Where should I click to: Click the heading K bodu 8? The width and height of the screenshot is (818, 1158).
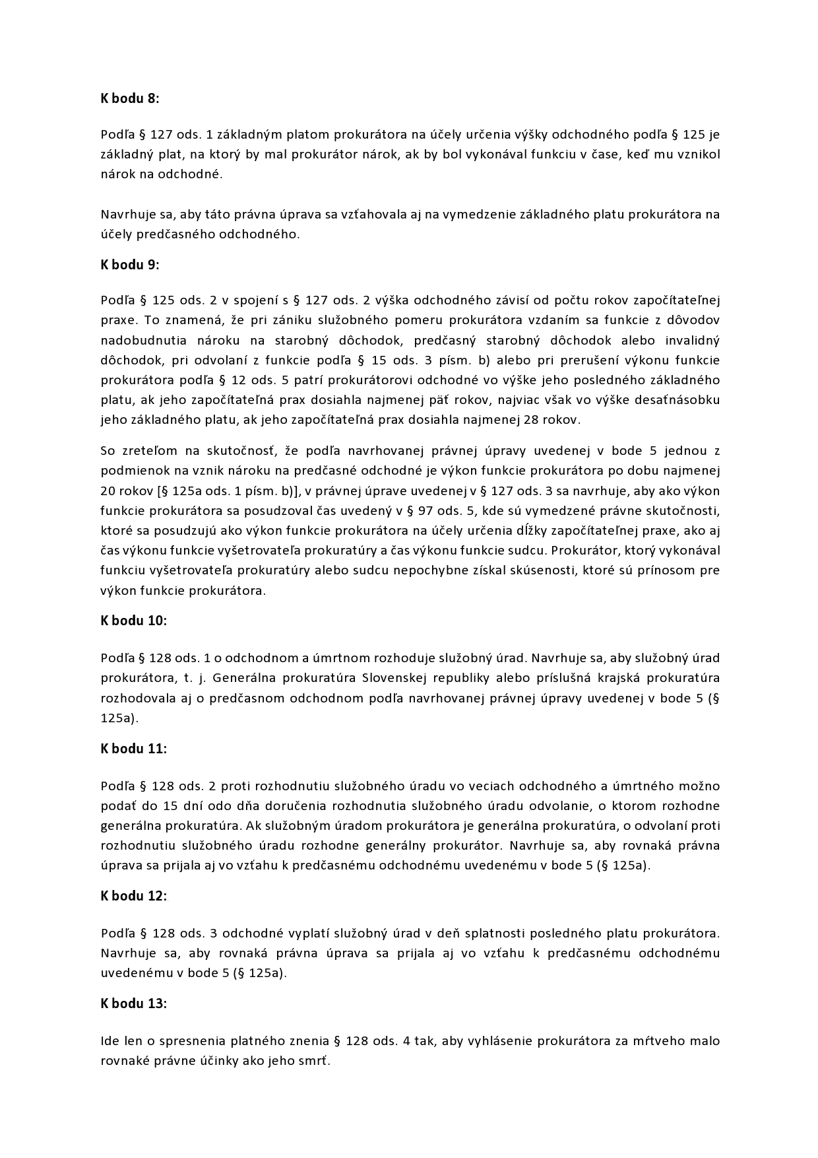click(130, 98)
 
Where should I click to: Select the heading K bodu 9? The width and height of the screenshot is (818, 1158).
click(130, 265)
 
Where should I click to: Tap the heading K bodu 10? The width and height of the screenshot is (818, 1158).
click(133, 621)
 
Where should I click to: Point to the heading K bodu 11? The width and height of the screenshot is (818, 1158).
click(133, 749)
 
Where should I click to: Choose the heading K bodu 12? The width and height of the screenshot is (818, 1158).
click(133, 896)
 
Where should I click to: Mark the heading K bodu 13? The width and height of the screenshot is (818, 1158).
click(133, 1004)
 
